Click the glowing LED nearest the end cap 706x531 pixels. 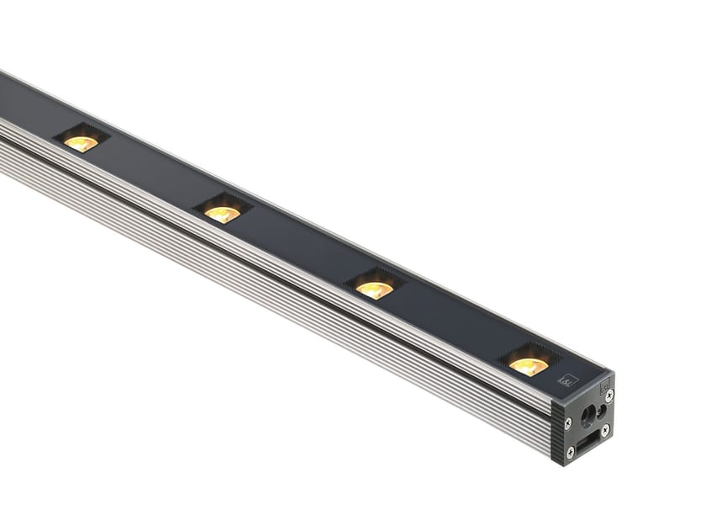click(x=529, y=365)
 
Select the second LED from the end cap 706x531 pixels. click(x=375, y=289)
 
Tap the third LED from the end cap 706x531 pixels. click(x=223, y=214)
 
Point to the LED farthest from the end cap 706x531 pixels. click(x=82, y=143)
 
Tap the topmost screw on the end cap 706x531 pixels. click(x=609, y=394)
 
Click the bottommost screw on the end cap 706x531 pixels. click(x=570, y=452)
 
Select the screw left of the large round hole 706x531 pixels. click(x=568, y=422)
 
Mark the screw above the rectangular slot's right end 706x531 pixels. click(x=605, y=429)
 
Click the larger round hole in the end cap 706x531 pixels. click(x=587, y=414)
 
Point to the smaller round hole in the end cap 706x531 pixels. click(x=601, y=411)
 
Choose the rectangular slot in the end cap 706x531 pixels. click(x=587, y=439)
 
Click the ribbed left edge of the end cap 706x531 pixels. click(x=557, y=429)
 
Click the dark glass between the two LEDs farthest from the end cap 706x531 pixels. click(x=151, y=178)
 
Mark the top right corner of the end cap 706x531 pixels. click(x=614, y=374)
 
